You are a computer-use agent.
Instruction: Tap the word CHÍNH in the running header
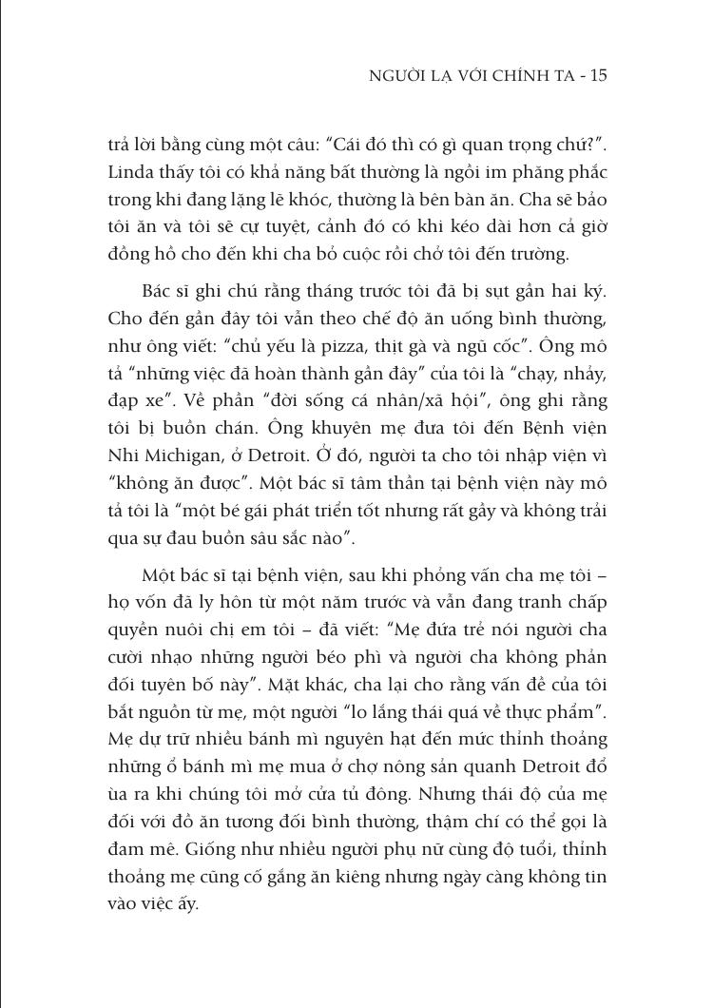click(x=510, y=76)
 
